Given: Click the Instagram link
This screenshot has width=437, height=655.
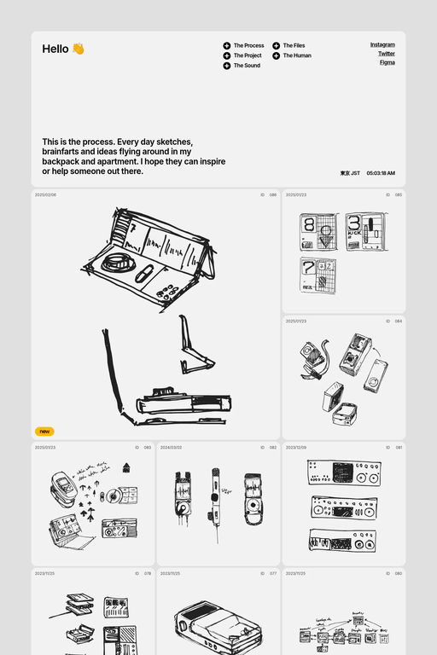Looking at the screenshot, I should [x=382, y=44].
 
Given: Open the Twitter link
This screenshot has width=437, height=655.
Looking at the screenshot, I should [x=387, y=54].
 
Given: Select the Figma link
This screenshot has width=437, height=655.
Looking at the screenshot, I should [x=387, y=62].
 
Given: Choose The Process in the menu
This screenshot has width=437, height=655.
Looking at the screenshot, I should [x=248, y=46].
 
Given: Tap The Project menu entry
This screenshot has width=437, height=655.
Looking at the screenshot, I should [x=248, y=55].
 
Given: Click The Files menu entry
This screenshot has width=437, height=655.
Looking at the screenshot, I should [x=294, y=46].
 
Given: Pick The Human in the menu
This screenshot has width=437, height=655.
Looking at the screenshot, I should [x=297, y=55].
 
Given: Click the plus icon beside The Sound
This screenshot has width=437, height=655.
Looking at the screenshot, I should [x=227, y=66].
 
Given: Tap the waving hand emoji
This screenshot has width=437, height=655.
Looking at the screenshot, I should [x=78, y=49].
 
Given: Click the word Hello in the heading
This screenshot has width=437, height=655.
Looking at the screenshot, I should [x=55, y=49].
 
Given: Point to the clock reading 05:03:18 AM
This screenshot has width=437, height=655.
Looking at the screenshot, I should [x=381, y=173].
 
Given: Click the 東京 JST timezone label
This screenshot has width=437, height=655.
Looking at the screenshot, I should [x=350, y=173].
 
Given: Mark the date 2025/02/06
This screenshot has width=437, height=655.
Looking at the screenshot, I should [x=45, y=195].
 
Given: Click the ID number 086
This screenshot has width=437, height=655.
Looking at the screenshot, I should [x=273, y=195].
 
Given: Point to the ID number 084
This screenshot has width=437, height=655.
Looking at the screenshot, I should [x=399, y=322].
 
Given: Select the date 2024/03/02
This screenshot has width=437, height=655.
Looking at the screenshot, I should [x=171, y=448].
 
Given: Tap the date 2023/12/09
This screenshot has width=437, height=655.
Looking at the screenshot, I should [x=296, y=448].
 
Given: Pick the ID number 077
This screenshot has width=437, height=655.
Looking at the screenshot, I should [x=273, y=574].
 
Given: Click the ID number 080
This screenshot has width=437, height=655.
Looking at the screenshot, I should [x=399, y=574].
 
